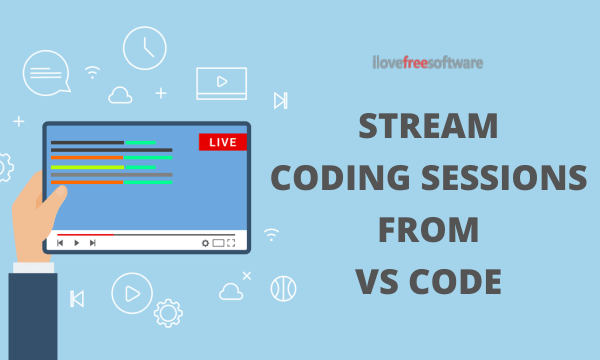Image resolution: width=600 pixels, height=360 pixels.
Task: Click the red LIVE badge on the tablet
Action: (223, 142)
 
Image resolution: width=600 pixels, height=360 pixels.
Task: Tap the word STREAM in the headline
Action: (428, 129)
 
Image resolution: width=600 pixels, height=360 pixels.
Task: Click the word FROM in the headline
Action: (427, 231)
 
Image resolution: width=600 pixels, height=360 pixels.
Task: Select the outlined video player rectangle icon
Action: (221, 82)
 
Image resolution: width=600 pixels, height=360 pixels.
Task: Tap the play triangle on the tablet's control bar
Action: (77, 242)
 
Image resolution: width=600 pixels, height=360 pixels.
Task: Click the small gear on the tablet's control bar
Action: (206, 242)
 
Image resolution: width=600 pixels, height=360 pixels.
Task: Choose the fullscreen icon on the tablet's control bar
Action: (231, 242)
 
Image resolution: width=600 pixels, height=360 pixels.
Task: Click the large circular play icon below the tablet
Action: (130, 292)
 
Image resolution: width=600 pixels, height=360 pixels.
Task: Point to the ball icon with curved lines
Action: (283, 288)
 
